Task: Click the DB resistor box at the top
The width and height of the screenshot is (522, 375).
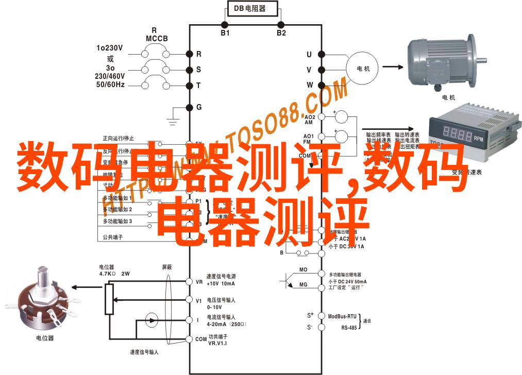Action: [253, 8]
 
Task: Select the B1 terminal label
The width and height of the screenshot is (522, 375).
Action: [225, 32]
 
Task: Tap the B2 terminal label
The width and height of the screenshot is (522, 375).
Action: [281, 32]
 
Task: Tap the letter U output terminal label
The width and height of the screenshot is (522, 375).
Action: [309, 54]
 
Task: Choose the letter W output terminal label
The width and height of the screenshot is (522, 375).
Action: [310, 84]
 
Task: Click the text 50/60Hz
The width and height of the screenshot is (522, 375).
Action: [109, 84]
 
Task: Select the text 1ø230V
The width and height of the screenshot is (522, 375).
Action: [109, 48]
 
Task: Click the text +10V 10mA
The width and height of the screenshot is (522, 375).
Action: [221, 284]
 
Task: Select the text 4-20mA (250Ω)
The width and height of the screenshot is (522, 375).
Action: [226, 325]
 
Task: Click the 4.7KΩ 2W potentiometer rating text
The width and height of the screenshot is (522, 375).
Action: [114, 274]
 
